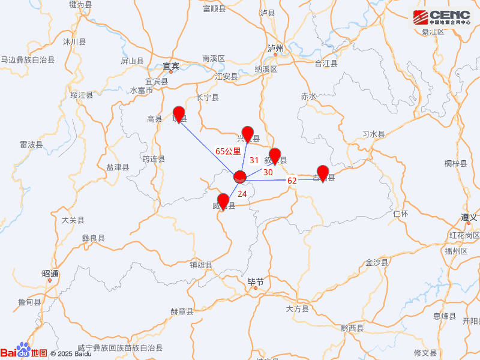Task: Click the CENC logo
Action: point(441,18)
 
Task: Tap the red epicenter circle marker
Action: point(240,176)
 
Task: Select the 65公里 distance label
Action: point(228,151)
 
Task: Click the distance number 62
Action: point(292,180)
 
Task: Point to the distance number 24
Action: point(242,193)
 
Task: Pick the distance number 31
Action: point(254,160)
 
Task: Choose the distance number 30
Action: point(268,172)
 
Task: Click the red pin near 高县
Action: point(179,113)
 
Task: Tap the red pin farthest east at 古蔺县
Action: point(323,172)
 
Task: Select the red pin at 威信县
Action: point(223,201)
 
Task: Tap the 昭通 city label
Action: point(50,274)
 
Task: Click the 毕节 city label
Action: point(256,281)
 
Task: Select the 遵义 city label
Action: point(469,217)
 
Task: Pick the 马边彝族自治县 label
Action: point(28,60)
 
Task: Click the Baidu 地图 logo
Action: point(24,352)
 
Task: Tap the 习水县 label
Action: point(373,134)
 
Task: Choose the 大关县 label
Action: point(73,220)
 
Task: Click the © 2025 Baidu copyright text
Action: point(71,354)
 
